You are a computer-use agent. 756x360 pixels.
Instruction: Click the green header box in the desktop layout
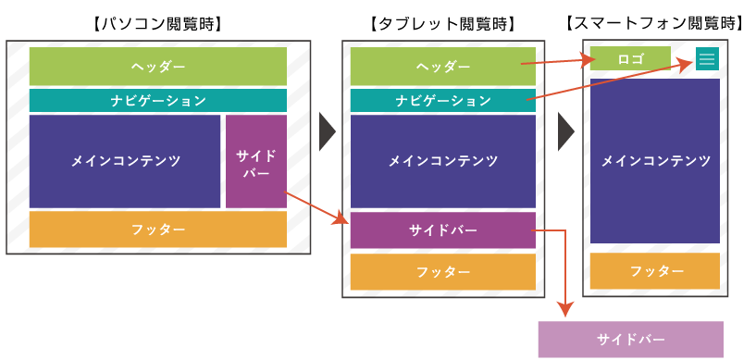pos(158,67)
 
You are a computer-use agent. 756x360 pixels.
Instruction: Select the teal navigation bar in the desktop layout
pos(158,101)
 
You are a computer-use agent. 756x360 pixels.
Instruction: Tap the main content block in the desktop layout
pos(125,161)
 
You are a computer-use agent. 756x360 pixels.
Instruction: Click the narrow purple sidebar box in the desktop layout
pos(255,161)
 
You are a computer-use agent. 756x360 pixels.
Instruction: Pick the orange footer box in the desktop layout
pos(158,230)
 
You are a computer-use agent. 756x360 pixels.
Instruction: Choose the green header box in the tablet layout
pos(443,67)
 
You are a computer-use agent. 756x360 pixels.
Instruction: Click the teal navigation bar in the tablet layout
pos(443,101)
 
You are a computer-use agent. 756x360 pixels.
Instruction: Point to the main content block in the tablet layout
pos(443,161)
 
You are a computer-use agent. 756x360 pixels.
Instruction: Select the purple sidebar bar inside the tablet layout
pos(443,230)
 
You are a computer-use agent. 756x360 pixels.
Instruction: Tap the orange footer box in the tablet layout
pos(443,272)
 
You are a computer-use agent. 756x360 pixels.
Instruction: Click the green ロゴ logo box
pos(630,58)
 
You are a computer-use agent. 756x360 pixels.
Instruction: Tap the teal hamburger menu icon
pos(707,58)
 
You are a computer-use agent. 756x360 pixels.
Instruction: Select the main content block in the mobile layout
pos(655,161)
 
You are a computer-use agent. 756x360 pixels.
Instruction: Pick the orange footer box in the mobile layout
pos(655,271)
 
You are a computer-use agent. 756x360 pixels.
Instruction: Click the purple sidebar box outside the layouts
pos(630,340)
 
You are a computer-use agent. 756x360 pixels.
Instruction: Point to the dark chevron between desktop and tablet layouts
pos(327,131)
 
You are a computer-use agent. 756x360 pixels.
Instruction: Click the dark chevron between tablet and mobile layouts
pos(565,131)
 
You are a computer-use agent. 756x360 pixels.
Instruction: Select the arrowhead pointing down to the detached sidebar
pos(564,313)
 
